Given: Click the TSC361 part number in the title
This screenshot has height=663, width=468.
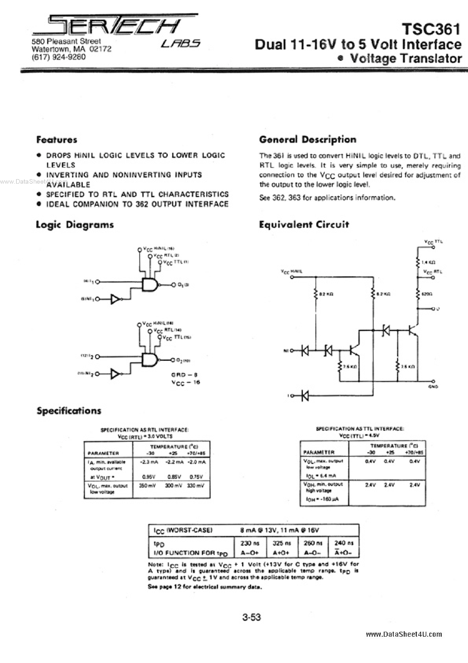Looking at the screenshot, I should (x=431, y=29).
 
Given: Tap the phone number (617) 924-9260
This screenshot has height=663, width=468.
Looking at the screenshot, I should (x=59, y=57).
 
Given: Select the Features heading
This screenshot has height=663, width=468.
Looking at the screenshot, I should (x=57, y=140).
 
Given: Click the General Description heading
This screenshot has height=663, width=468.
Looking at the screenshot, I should (x=308, y=139).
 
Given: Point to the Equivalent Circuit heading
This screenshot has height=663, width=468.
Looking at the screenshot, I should (x=304, y=224).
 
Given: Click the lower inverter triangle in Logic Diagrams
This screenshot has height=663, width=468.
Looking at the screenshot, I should (x=115, y=374).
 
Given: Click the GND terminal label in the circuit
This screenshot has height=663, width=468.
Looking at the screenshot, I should (x=433, y=387).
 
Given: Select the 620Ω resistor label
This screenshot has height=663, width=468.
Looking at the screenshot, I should (x=427, y=294).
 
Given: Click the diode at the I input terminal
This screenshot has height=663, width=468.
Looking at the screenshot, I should (x=305, y=396).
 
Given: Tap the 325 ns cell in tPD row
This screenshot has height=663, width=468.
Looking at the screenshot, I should (x=282, y=543).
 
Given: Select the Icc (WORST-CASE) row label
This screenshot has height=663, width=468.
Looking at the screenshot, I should (x=183, y=530).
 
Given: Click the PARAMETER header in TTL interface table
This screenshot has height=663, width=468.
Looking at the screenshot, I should (x=319, y=452).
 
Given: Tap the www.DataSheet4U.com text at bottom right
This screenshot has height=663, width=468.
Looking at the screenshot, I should (x=404, y=634).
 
